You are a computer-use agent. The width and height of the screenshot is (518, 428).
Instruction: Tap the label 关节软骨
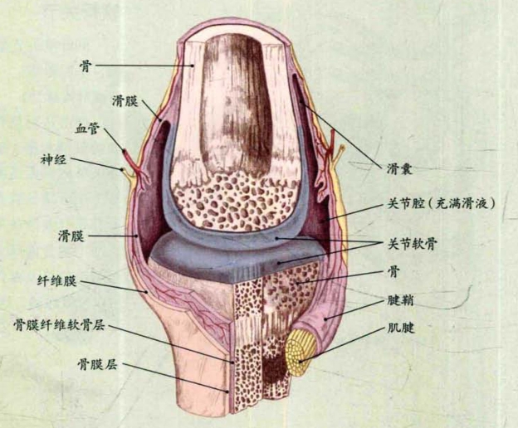(x=411, y=243)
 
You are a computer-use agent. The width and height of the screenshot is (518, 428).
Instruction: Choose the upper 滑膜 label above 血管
(x=122, y=99)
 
